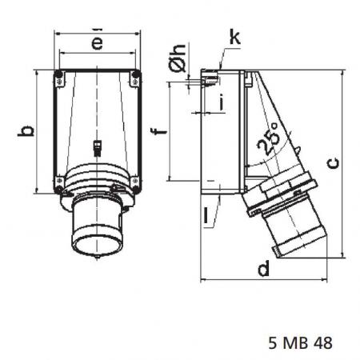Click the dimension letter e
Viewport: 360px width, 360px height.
(x=97, y=43)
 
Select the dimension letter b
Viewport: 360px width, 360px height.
(x=26, y=131)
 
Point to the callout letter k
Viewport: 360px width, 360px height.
(x=233, y=38)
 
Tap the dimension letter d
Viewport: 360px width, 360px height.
(x=262, y=270)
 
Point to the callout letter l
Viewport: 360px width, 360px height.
(x=206, y=214)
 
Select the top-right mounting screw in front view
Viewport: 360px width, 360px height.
(x=135, y=77)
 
